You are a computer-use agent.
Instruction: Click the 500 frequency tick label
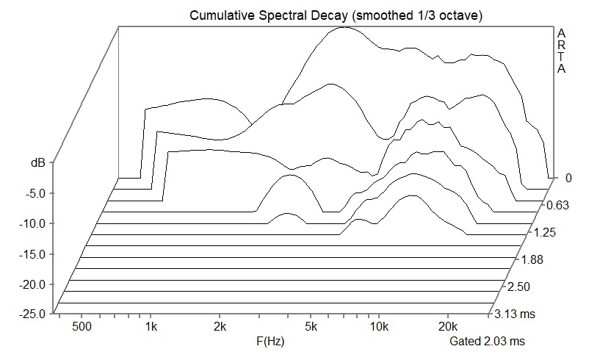click(82, 325)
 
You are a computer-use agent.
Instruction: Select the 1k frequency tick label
click(151, 325)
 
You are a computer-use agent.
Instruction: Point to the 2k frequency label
click(220, 325)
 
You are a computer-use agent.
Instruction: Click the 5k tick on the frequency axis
click(311, 325)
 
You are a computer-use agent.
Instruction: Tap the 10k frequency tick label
click(379, 325)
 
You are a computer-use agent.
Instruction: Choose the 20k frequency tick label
click(447, 325)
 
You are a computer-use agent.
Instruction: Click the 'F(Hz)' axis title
click(270, 342)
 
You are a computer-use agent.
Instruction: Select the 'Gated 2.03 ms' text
click(488, 342)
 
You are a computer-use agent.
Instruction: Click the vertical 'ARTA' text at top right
click(562, 51)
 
